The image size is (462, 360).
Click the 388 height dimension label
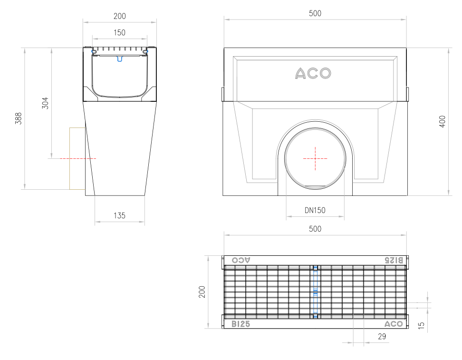coord(19,118)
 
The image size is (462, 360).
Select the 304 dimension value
coord(45,103)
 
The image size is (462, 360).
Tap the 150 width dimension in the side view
coord(120,33)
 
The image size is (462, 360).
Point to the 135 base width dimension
coord(120,216)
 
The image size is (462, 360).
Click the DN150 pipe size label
coord(315,211)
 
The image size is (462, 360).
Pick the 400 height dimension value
coord(442,121)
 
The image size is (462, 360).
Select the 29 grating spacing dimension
coord(382,337)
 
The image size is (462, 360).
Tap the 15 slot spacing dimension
coord(421,325)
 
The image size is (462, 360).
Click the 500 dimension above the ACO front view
coord(315,14)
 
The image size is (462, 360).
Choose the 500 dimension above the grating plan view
coord(315,229)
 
